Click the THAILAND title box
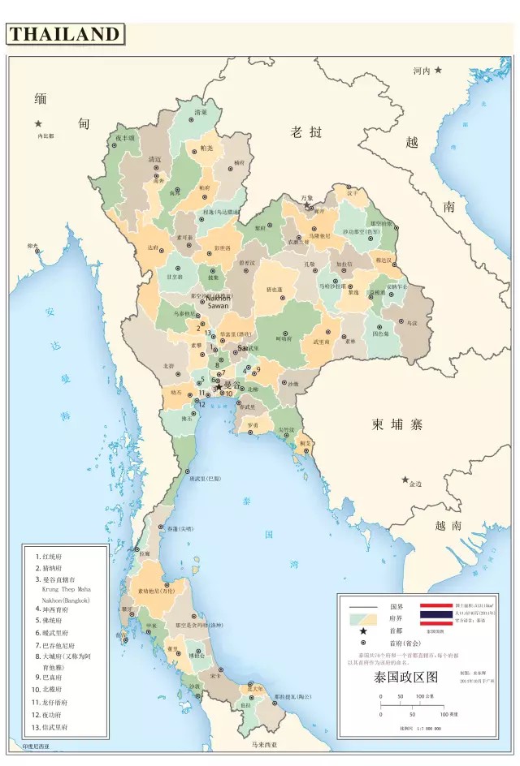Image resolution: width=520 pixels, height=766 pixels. pyautogui.click(x=65, y=34)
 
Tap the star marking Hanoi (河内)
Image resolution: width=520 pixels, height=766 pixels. pyautogui.click(x=439, y=71)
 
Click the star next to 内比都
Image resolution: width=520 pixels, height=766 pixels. pyautogui.click(x=37, y=123)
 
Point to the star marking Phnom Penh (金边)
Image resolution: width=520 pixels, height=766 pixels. pyautogui.click(x=405, y=480)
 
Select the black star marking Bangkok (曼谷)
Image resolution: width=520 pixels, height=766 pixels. pyautogui.click(x=218, y=387)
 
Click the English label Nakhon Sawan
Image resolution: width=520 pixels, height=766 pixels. pyautogui.click(x=218, y=302)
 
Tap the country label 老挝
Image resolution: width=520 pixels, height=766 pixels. pyautogui.click(x=307, y=132)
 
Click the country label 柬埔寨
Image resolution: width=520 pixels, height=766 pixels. pyautogui.click(x=398, y=424)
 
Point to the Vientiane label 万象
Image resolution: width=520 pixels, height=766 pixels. pyautogui.click(x=306, y=197)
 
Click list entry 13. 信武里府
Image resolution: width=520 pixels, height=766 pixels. pyautogui.click(x=53, y=728)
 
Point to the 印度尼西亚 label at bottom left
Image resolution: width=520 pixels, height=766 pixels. pyautogui.click(x=36, y=747)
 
